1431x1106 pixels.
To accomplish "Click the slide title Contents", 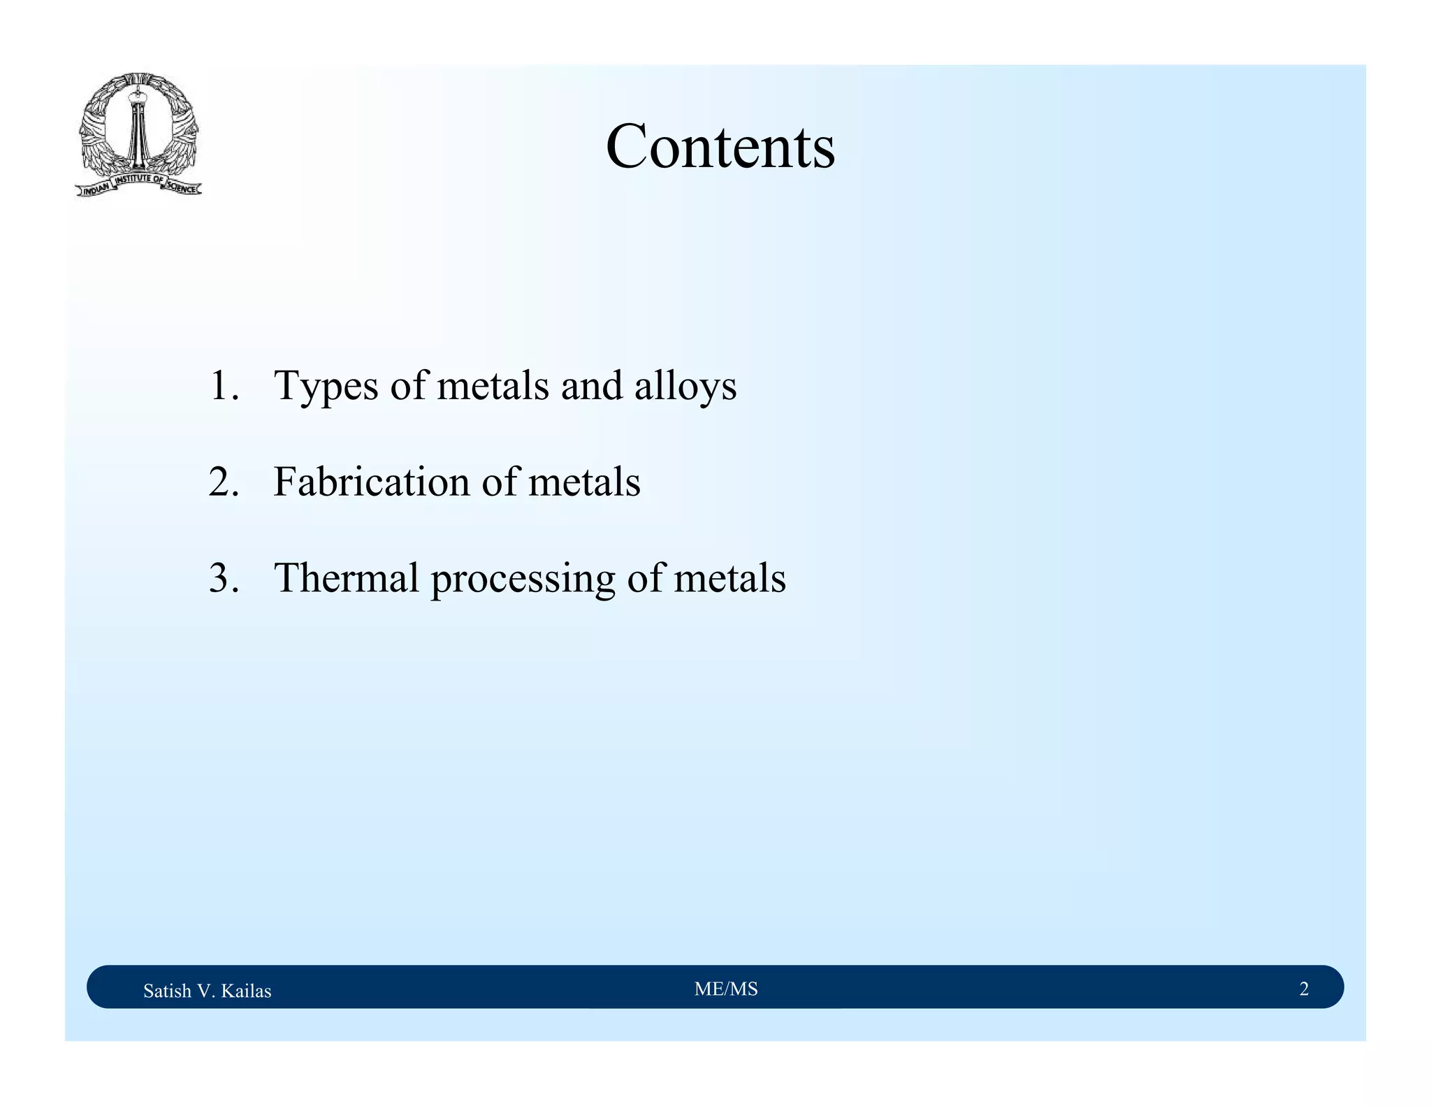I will tap(720, 147).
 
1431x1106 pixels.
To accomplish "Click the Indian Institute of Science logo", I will tap(138, 135).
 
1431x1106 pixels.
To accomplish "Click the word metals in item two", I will tap(584, 482).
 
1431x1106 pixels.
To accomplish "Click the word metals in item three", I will tap(729, 579).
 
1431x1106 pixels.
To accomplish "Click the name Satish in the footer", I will tap(166, 991).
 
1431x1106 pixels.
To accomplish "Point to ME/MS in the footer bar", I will tap(726, 989).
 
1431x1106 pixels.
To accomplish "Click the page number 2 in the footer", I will tap(1304, 989).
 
